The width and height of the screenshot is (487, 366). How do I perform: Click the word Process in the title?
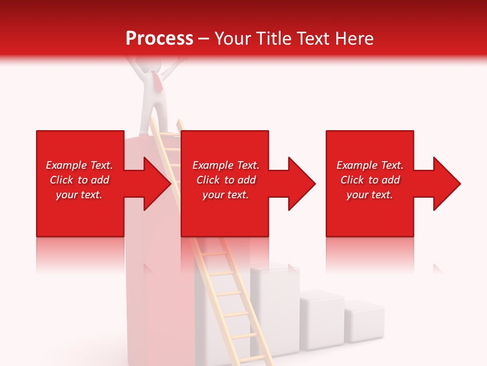[159, 39]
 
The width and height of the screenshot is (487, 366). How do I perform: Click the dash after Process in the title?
[204, 39]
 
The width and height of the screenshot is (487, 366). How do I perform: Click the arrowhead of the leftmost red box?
[158, 184]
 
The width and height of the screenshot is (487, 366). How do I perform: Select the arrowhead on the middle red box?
[302, 184]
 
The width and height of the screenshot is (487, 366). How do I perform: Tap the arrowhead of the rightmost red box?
[447, 184]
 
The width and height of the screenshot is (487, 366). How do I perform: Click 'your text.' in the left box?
[79, 195]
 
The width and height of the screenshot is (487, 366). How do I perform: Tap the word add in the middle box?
[247, 180]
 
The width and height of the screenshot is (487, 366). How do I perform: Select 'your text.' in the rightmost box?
[370, 195]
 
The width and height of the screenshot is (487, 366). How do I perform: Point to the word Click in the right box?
[352, 180]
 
